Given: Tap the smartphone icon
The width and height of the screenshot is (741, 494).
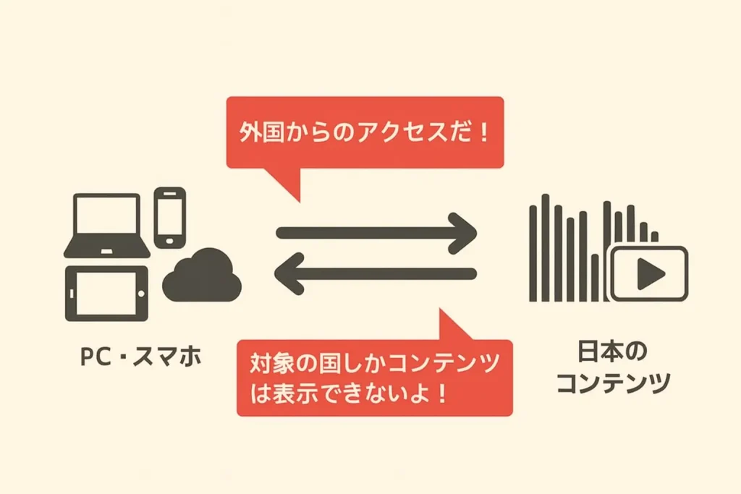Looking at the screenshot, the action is coord(170,217).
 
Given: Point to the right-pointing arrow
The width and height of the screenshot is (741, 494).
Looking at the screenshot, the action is coord(376,231).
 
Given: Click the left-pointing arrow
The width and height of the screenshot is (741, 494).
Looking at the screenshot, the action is coord(376,273).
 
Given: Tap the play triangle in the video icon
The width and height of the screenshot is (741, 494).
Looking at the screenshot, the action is coord(651,274).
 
